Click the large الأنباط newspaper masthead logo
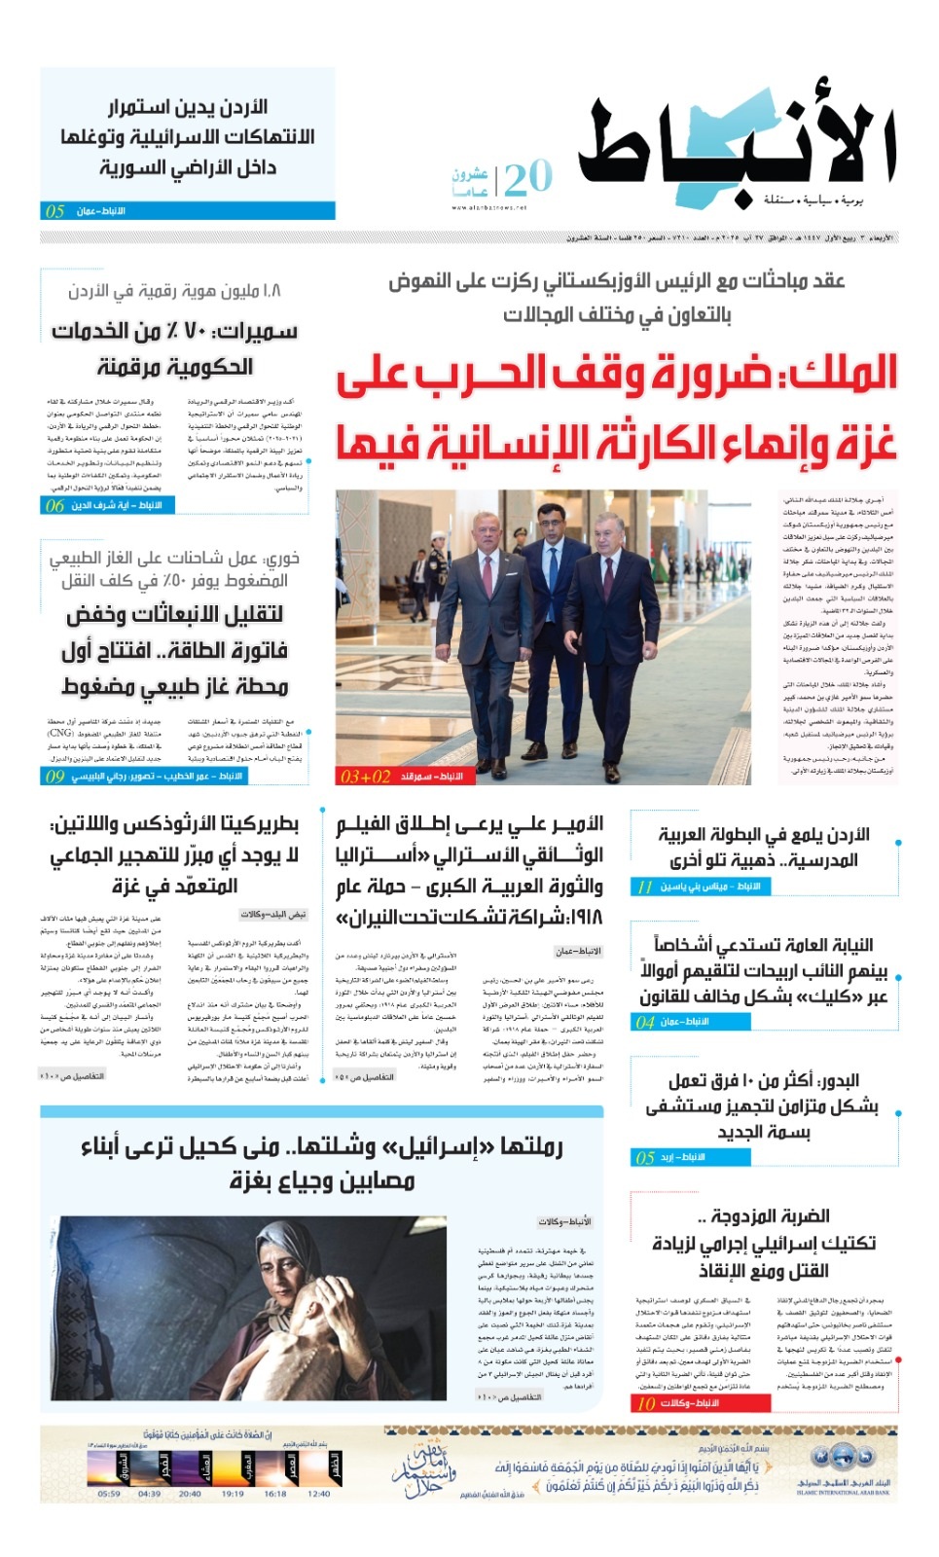pyautogui.click(x=737, y=146)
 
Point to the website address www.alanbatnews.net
pyautogui.click(x=488, y=207)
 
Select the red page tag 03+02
pyautogui.click(x=365, y=777)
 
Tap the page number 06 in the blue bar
pyautogui.click(x=54, y=506)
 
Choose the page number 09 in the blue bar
pyautogui.click(x=54, y=777)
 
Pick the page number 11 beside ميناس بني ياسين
pyautogui.click(x=644, y=887)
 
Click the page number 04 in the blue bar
pyautogui.click(x=645, y=1022)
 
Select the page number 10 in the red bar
pyautogui.click(x=645, y=1403)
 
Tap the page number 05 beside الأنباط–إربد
pyautogui.click(x=645, y=1158)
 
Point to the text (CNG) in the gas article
pyautogui.click(x=60, y=733)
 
